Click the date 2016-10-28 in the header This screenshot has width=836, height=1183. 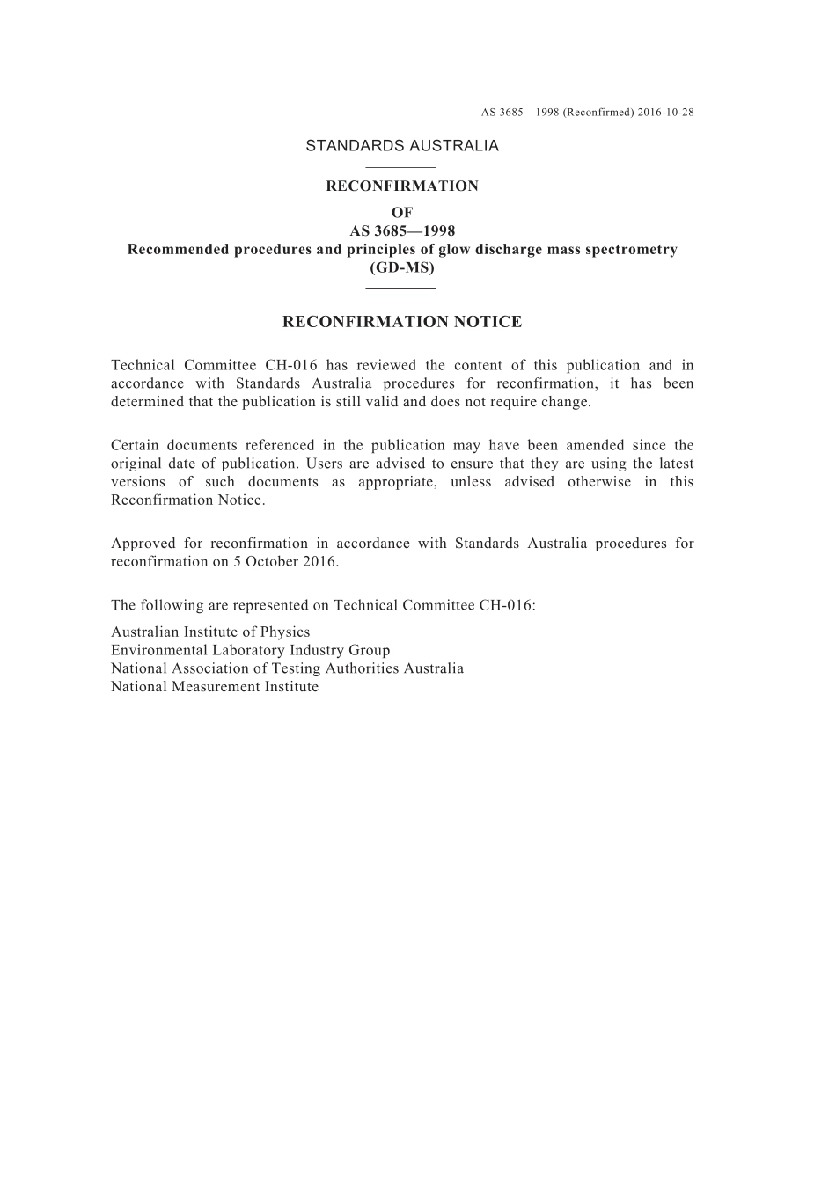[666, 112]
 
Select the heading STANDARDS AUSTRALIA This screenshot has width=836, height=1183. [402, 146]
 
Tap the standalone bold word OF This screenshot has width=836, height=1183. [402, 212]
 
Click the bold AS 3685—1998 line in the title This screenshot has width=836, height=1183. [402, 230]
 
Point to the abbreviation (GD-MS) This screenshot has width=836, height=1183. [402, 267]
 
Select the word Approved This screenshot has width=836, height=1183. [141, 543]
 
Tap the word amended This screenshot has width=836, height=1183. [596, 445]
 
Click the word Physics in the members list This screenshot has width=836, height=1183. [285, 632]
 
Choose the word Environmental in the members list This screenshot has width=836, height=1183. [159, 650]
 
